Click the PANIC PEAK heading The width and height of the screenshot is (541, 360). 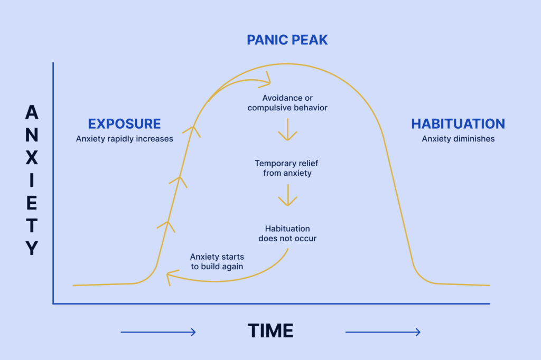point(287,40)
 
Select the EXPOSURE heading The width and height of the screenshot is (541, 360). point(124,124)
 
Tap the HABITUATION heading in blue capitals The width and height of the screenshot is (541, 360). point(458,124)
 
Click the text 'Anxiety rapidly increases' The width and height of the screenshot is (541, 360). point(125,139)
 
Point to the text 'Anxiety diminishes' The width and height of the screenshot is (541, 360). point(458,139)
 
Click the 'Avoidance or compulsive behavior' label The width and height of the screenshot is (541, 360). point(287,103)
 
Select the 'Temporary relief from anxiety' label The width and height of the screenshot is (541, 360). point(287,168)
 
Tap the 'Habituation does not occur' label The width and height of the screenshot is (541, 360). point(287,233)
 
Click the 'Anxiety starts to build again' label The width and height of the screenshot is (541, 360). point(217,261)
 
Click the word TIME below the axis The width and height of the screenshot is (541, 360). point(270,330)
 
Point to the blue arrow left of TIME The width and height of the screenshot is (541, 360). point(158,332)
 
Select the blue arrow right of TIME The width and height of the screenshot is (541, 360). point(383,332)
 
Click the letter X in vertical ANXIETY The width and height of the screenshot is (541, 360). point(32,157)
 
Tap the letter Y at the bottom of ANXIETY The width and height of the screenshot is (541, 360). point(32,248)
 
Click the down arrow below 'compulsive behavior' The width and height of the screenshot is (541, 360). point(288,130)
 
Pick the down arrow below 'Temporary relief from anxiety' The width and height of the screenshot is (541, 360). point(288,195)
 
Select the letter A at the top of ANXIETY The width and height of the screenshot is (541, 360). point(32,112)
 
